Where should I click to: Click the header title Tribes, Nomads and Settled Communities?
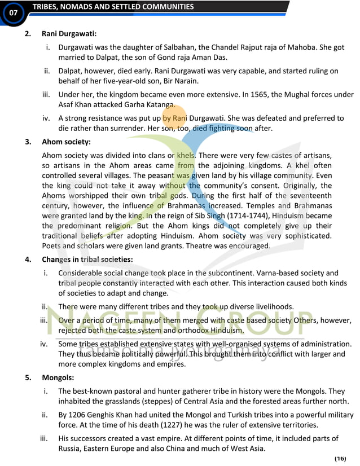tap(113, 7)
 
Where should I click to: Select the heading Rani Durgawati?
tap(69, 34)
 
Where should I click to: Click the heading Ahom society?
tap(66, 142)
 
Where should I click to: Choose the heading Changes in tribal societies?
tap(87, 260)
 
